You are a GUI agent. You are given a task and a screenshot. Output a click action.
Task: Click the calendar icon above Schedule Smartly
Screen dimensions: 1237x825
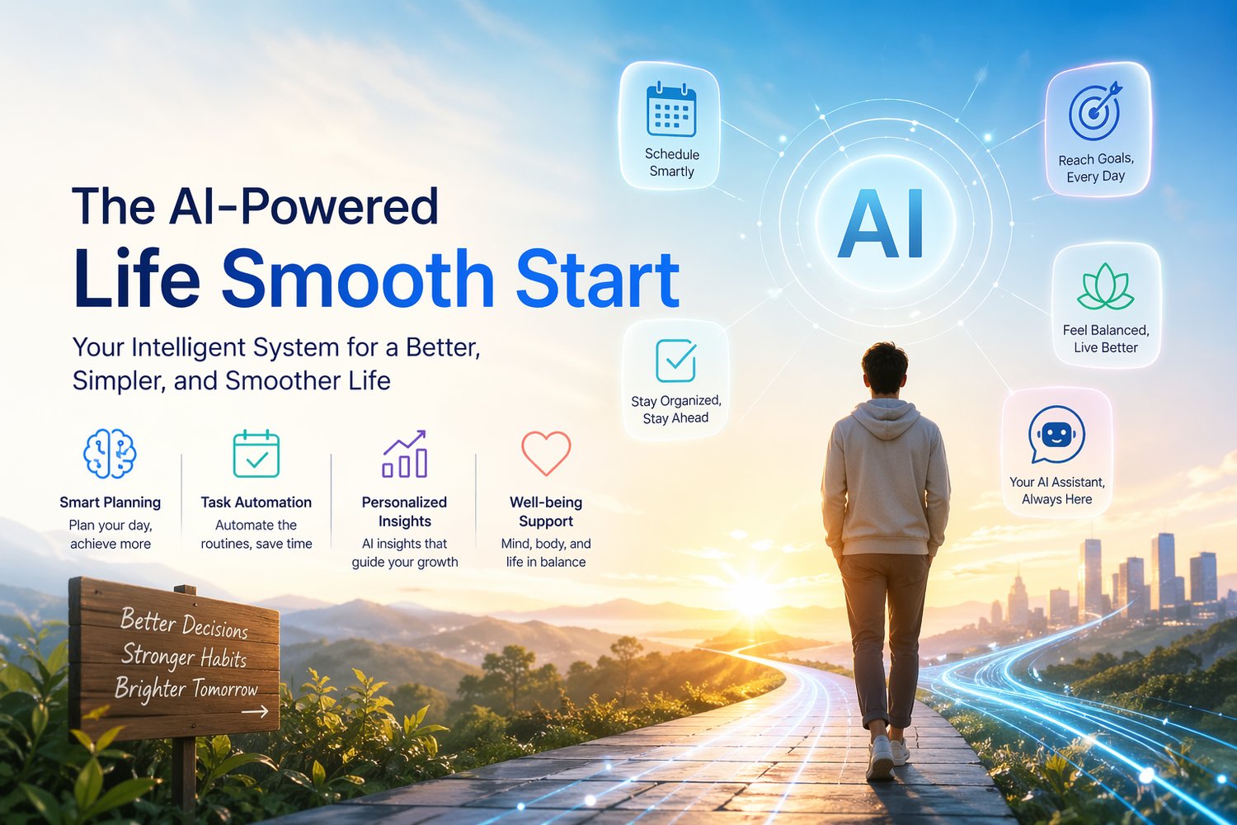671,109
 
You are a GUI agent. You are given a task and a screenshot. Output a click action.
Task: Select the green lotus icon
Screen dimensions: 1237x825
1106,287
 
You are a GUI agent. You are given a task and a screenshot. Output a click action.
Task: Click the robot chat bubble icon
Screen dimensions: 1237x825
1056,434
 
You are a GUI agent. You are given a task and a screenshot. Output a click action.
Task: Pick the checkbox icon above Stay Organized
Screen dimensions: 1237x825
676,361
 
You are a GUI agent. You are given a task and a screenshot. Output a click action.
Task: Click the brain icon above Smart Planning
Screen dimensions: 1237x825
110,453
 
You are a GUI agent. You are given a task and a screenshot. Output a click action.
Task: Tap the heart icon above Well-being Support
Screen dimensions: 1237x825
546,453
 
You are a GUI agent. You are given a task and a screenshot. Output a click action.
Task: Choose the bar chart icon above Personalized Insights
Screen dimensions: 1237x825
405,454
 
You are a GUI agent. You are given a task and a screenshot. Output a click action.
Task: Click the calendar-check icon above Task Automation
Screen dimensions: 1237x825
256,453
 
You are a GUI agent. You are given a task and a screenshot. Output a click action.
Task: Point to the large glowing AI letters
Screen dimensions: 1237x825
882,224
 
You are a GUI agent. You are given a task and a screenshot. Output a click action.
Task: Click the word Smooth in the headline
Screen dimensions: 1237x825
357,278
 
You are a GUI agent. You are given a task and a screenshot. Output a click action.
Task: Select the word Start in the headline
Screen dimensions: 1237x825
598,278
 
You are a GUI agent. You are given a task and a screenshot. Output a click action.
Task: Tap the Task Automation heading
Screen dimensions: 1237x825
256,502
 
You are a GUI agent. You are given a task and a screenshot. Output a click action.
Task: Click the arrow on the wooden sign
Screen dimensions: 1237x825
255,712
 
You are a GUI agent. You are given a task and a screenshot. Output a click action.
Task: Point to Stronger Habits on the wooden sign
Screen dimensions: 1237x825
183,656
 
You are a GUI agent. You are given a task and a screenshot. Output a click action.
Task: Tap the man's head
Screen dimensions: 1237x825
885,369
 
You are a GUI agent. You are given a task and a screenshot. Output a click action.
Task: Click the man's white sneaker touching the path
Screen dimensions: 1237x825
881,758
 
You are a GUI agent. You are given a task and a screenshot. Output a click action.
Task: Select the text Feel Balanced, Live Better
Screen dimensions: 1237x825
1106,339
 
